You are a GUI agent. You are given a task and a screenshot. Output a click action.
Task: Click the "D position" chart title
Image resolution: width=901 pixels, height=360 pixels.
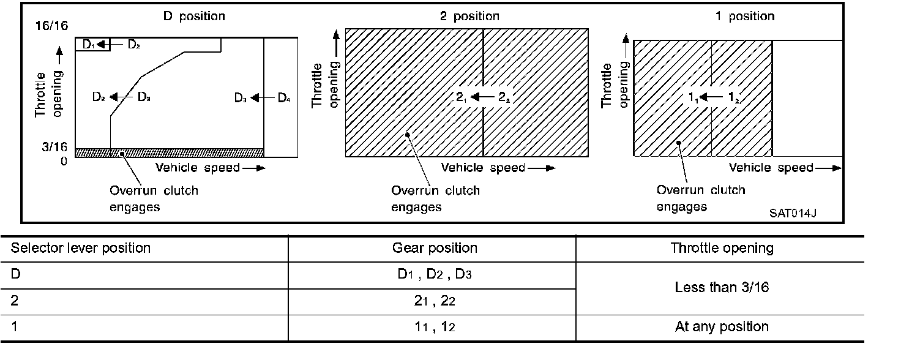pyautogui.click(x=194, y=17)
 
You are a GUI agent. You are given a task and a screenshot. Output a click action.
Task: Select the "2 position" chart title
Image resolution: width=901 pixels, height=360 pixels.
pyautogui.click(x=469, y=17)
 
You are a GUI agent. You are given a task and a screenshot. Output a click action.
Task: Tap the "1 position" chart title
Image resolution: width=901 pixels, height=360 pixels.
pyautogui.click(x=745, y=17)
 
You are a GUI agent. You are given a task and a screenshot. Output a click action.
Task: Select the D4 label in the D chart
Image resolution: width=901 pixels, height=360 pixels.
pyautogui.click(x=284, y=97)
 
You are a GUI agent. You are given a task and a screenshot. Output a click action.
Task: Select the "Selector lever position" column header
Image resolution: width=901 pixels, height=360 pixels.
pyautogui.click(x=81, y=248)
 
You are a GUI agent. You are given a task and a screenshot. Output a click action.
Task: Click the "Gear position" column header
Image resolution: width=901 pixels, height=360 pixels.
pyautogui.click(x=435, y=248)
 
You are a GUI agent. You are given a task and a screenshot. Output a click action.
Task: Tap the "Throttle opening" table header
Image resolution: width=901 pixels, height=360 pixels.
pyautogui.click(x=722, y=248)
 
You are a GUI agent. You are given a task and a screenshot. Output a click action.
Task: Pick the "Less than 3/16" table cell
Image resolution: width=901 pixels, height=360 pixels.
pyautogui.click(x=722, y=287)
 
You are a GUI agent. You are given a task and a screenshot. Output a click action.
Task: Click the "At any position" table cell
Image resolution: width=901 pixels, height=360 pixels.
pyautogui.click(x=722, y=326)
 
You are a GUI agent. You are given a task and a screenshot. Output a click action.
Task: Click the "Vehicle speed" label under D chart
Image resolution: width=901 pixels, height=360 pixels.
pyautogui.click(x=197, y=168)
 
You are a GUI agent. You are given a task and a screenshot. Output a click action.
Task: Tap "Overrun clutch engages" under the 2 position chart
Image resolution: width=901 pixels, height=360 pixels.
pyautogui.click(x=435, y=198)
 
